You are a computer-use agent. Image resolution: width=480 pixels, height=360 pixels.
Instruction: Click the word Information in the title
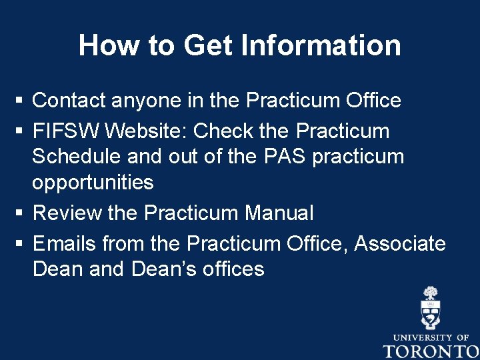pyautogui.click(x=321, y=45)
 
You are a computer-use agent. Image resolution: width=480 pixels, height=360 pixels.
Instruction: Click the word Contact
pyautogui.click(x=69, y=101)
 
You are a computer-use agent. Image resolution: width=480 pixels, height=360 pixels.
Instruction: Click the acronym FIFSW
pyautogui.click(x=66, y=131)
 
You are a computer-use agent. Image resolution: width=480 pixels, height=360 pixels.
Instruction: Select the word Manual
pyautogui.click(x=279, y=213)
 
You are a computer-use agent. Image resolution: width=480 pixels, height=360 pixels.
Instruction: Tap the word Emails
pyautogui.click(x=65, y=243)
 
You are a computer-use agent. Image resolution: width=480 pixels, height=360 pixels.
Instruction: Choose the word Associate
pyautogui.click(x=400, y=243)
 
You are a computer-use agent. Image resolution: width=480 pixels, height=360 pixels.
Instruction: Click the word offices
pyautogui.click(x=234, y=269)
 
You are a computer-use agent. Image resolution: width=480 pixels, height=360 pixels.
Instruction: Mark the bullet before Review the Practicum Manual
pyautogui.click(x=19, y=213)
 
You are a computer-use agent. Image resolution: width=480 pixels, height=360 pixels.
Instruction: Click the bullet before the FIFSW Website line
pyautogui.click(x=19, y=131)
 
